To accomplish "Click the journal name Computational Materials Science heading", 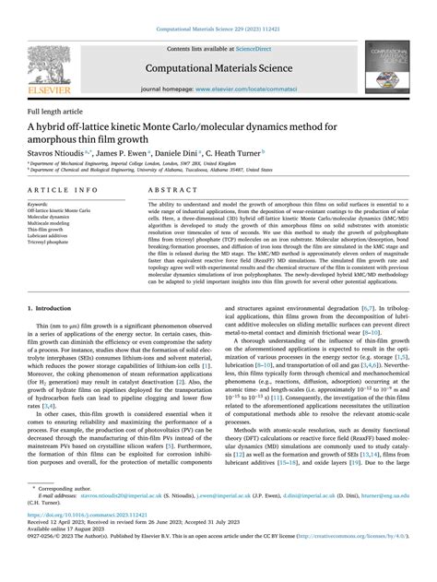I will (x=218, y=68).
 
